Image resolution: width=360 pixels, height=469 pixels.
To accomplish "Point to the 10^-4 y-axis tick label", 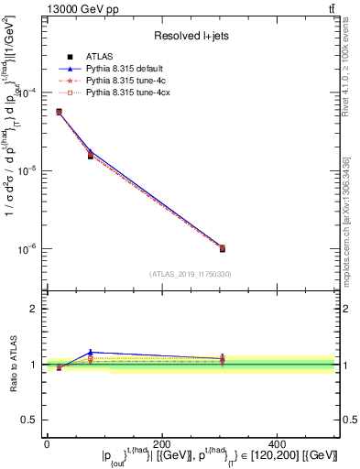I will coord(29,93).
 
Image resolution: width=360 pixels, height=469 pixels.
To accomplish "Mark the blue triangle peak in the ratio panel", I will coord(91,352).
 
